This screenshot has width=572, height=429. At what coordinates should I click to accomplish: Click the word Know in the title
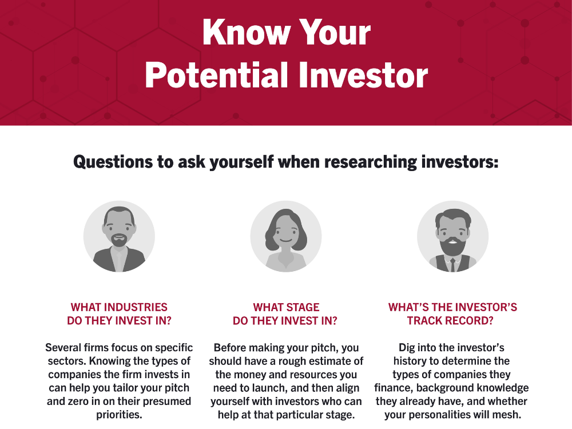(246, 32)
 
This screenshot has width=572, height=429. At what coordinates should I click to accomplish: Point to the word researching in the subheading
(370, 162)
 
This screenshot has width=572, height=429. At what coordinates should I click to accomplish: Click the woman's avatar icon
(286, 236)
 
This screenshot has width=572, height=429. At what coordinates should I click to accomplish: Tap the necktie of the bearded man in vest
(452, 265)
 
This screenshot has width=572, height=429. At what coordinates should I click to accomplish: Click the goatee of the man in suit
(119, 240)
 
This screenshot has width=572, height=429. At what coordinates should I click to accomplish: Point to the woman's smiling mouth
(286, 240)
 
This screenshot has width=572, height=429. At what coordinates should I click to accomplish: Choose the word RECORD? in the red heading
(468, 321)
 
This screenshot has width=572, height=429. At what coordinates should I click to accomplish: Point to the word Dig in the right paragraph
(406, 348)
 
